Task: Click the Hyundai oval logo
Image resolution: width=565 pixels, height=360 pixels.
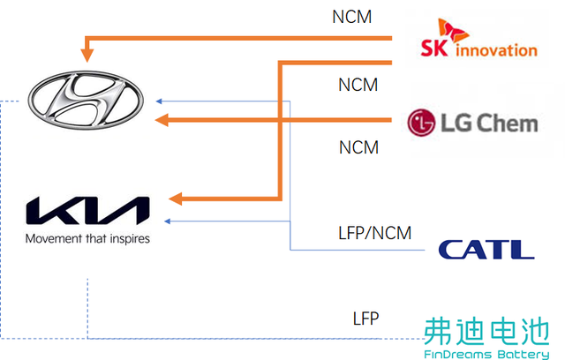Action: pos(86,100)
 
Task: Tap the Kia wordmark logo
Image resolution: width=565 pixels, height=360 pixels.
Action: pos(87,211)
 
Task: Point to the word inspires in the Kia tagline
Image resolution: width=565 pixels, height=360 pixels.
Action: pos(130,239)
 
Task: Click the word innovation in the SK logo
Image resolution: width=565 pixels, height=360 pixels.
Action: pos(496,50)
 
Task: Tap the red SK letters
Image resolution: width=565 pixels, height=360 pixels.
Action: pos(434,48)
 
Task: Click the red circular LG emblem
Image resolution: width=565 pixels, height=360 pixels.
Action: pos(421,123)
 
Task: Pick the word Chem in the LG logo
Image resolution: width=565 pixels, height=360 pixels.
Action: pos(508,124)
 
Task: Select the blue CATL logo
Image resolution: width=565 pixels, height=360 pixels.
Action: pos(486,250)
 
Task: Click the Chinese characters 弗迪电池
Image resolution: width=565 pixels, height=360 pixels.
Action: pos(486,331)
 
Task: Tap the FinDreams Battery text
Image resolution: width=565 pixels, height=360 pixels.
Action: pos(486,354)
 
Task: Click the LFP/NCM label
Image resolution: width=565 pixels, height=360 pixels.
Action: pos(374,233)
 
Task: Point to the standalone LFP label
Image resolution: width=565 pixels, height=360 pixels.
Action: pos(365,319)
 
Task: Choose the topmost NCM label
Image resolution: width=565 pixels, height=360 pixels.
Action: pos(351,17)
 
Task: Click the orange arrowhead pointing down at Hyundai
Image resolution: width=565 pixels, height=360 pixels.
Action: pos(87,56)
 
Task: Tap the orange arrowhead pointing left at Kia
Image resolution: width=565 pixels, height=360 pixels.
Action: pos(176,199)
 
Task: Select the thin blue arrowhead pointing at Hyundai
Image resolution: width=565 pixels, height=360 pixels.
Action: pos(159,101)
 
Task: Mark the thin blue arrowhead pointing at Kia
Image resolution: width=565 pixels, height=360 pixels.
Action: pos(167,221)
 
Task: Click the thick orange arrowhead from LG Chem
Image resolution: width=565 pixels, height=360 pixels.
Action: pos(162,120)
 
